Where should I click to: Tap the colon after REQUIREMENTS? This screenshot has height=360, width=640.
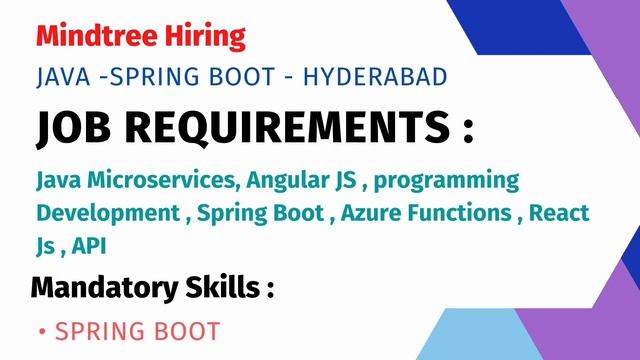click(x=465, y=131)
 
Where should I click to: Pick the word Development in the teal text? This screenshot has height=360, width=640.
click(x=104, y=214)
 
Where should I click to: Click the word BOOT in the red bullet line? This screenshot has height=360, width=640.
click(x=185, y=331)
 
